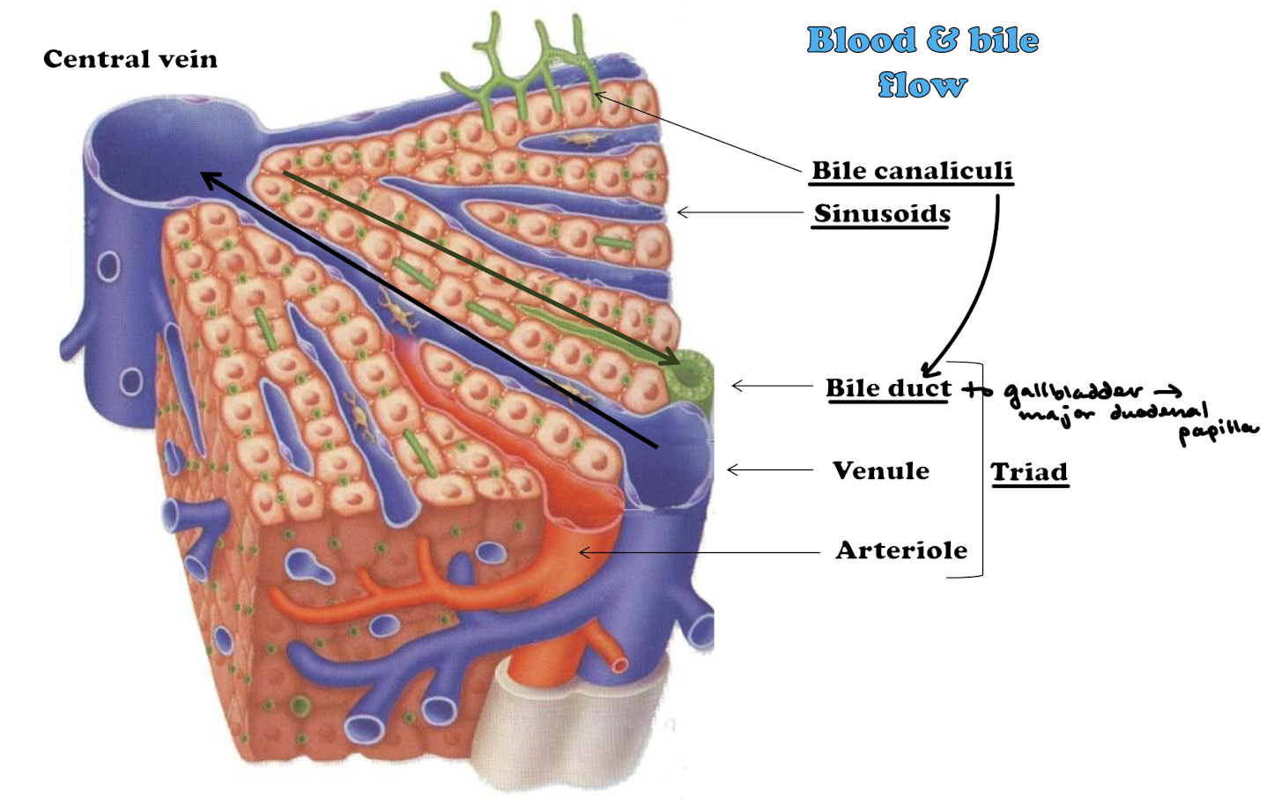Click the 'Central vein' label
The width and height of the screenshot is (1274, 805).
click(x=130, y=59)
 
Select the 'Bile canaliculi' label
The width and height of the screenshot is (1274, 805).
click(x=912, y=170)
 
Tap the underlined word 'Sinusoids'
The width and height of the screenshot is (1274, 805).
click(x=882, y=213)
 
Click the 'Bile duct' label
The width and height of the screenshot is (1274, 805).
click(x=888, y=388)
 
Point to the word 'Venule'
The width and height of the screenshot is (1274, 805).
click(x=880, y=470)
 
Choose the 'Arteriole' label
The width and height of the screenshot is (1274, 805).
click(x=901, y=550)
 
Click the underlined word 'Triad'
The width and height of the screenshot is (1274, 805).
click(x=1029, y=472)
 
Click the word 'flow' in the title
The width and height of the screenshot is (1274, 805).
click(x=922, y=85)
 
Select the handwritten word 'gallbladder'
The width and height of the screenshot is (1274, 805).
click(x=1072, y=391)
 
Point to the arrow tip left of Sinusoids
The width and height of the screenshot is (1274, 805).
click(x=680, y=212)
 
